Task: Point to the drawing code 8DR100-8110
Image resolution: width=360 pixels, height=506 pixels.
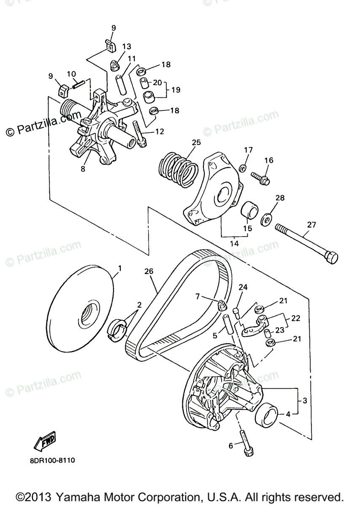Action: point(52,460)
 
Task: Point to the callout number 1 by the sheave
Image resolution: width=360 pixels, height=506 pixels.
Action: point(120,268)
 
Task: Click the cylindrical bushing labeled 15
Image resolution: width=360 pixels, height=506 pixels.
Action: point(249,208)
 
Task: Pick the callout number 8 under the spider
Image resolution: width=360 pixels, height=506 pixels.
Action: point(83,169)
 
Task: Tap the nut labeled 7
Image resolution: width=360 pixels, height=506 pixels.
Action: point(221,304)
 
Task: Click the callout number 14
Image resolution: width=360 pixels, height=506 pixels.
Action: point(234,244)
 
